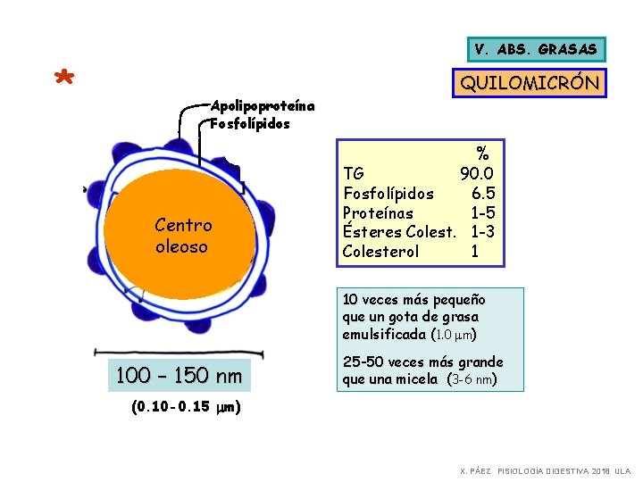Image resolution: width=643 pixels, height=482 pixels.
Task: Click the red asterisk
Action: tap(63, 79)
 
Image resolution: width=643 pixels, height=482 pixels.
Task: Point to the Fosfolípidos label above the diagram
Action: tap(250, 123)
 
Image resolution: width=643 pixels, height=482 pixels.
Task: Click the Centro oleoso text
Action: tap(182, 236)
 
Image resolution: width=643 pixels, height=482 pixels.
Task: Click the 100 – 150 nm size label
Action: tap(179, 376)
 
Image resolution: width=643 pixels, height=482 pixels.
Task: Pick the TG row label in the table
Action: tap(353, 173)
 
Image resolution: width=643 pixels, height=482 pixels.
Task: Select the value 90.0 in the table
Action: tap(478, 173)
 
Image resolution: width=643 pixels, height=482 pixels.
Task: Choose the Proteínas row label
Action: tap(378, 212)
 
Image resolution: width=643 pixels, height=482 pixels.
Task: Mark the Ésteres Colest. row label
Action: tap(397, 232)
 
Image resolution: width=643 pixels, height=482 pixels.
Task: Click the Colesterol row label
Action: tap(380, 252)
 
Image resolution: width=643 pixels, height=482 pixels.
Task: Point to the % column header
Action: tap(482, 154)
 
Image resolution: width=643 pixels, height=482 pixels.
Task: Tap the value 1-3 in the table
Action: tap(483, 232)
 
